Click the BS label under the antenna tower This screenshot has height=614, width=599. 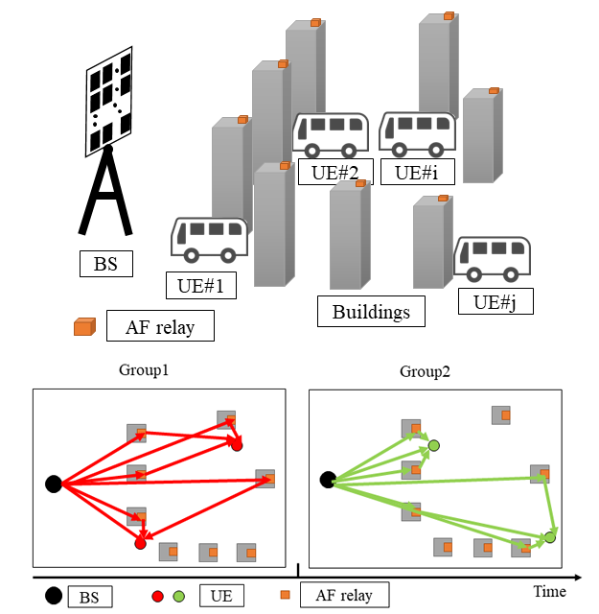(x=105, y=262)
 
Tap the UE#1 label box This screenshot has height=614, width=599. (x=200, y=285)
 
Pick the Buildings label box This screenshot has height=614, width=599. (x=371, y=311)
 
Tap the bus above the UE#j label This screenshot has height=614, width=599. (x=493, y=259)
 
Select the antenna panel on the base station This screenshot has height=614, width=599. (x=111, y=98)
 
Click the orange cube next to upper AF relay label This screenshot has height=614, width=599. (x=85, y=327)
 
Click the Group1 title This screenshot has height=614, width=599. (x=143, y=369)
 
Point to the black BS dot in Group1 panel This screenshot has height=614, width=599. (x=54, y=483)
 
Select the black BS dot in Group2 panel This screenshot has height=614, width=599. (x=327, y=479)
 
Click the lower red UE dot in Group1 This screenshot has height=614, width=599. (x=140, y=544)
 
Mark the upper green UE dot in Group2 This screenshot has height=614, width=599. (x=433, y=445)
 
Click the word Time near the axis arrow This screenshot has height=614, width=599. (x=549, y=592)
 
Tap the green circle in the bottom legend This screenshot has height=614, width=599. (x=179, y=597)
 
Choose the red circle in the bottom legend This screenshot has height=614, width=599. (x=158, y=597)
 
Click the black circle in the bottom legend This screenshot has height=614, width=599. (x=51, y=597)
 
